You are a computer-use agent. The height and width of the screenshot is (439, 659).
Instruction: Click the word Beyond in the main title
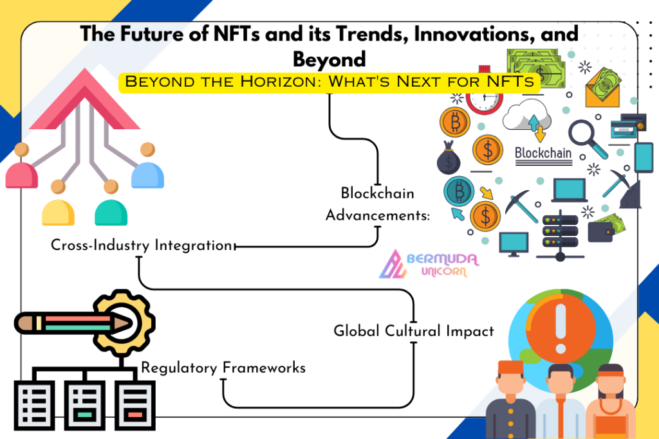tap(329, 59)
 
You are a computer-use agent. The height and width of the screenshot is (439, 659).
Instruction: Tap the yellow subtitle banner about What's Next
tap(329, 82)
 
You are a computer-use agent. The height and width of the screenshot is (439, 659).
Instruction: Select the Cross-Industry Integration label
tap(142, 245)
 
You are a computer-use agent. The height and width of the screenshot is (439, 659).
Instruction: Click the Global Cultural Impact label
tap(414, 331)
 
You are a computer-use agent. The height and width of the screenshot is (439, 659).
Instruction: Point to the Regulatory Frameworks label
tap(223, 368)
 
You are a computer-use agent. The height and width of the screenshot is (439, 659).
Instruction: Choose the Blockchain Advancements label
tap(378, 204)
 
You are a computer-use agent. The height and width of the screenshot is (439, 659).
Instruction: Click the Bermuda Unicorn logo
tap(429, 264)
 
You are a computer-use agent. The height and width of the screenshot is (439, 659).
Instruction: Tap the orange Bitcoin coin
tap(455, 122)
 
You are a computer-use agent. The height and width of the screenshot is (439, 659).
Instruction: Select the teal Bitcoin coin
tap(459, 192)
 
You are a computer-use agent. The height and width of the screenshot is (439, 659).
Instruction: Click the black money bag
tap(449, 158)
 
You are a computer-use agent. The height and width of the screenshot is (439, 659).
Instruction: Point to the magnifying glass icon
tap(588, 138)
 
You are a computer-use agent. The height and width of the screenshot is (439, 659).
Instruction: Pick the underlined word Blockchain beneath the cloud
tap(543, 154)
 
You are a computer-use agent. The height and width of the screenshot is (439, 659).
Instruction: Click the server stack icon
tap(561, 236)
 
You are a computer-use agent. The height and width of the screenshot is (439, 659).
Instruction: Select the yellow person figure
tap(58, 203)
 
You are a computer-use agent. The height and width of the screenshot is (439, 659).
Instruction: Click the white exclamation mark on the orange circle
tap(561, 328)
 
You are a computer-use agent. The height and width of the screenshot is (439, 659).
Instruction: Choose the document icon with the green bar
tap(84, 406)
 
